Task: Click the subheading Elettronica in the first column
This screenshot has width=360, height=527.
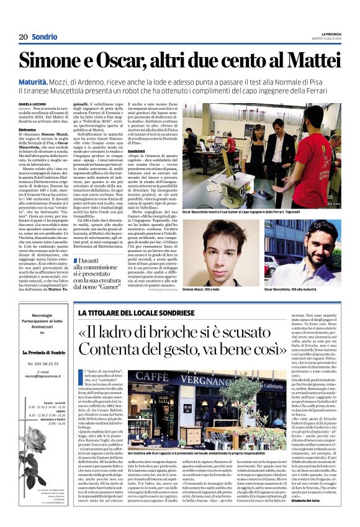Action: point(30,130)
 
